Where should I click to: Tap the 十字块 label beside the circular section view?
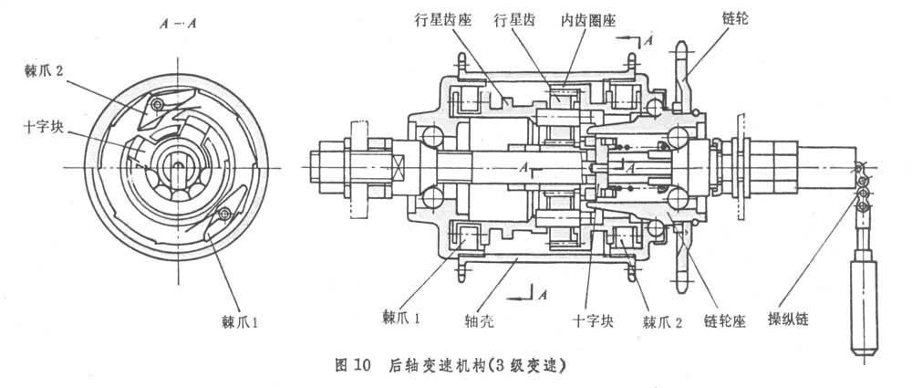[43, 127]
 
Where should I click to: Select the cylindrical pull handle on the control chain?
[862, 306]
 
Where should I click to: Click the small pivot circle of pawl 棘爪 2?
[158, 107]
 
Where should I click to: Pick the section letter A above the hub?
[648, 42]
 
